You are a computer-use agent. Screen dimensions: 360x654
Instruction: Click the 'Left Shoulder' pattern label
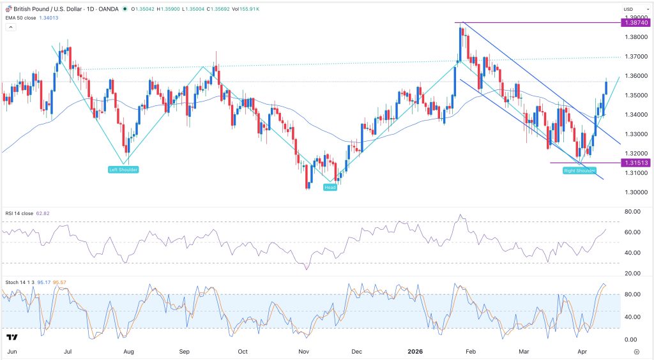click(x=123, y=169)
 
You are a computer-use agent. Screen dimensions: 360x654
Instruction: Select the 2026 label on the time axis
click(x=416, y=351)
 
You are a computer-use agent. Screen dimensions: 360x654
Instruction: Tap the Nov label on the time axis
click(x=304, y=351)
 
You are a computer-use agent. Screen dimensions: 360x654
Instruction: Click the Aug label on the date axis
click(x=128, y=351)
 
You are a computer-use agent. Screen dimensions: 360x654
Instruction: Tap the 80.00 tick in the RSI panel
click(x=633, y=211)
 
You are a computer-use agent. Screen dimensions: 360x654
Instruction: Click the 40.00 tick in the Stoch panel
click(x=633, y=317)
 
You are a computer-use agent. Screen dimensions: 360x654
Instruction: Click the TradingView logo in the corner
click(x=11, y=336)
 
